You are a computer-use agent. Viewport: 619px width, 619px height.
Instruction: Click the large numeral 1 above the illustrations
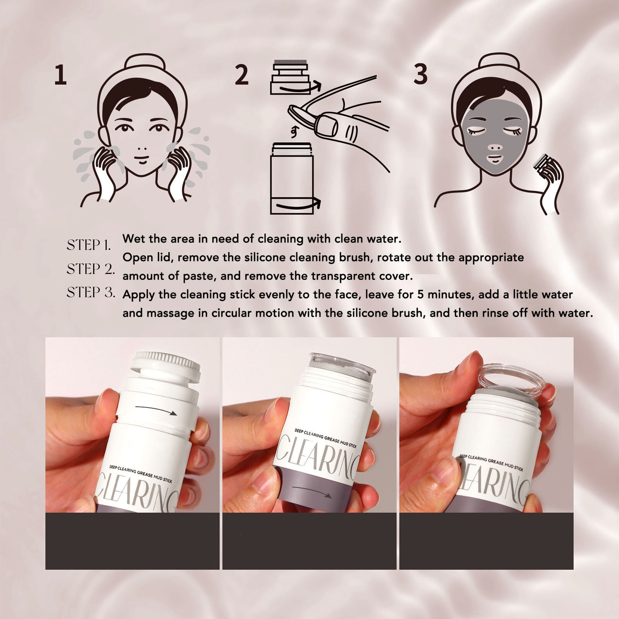(x=60, y=75)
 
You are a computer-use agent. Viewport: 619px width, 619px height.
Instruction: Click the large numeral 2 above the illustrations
(x=242, y=75)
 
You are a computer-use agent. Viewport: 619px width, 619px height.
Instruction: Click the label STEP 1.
(x=89, y=245)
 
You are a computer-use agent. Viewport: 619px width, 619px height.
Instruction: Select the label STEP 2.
(x=91, y=268)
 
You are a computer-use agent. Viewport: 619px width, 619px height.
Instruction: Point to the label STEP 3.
(x=91, y=292)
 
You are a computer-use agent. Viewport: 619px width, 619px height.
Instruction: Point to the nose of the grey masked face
(x=495, y=147)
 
